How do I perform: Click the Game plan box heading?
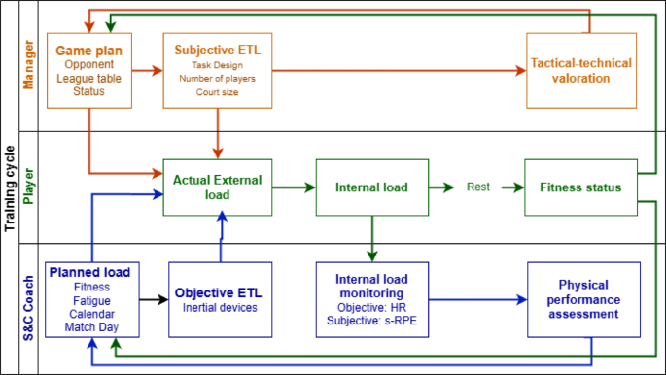point(88,49)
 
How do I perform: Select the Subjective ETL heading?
point(218,49)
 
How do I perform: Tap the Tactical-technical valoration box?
point(580,70)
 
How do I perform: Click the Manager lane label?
point(28,66)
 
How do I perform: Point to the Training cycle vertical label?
point(10,187)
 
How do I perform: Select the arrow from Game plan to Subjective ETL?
point(146,70)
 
